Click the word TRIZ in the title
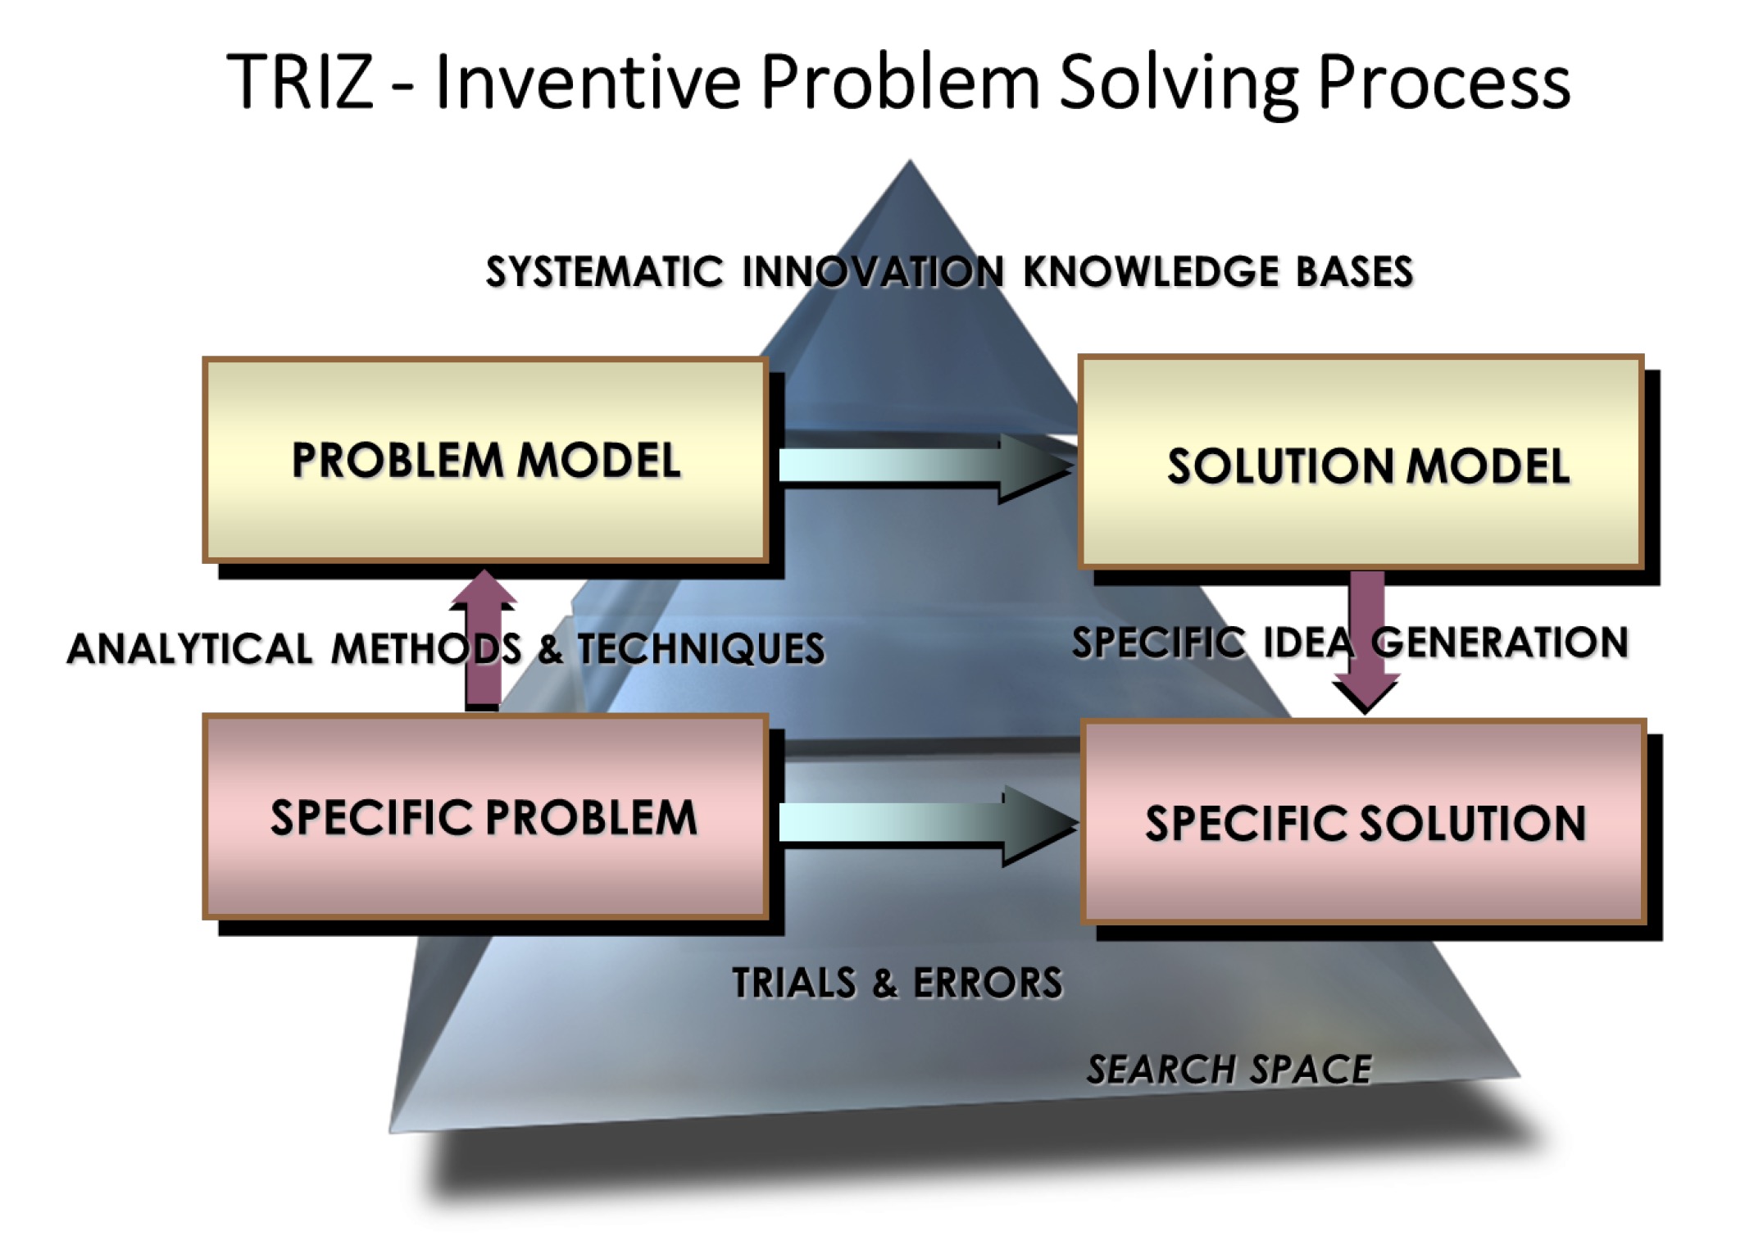tap(300, 81)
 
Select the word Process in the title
tap(1444, 81)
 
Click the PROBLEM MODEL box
tap(485, 460)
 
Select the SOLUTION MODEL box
tap(1361, 462)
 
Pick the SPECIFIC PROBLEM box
tap(485, 816)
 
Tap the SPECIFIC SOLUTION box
tap(1364, 821)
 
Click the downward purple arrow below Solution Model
tap(1365, 641)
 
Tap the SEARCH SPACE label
tap(1229, 1070)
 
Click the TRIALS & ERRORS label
tap(897, 983)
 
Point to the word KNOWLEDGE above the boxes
tap(1149, 271)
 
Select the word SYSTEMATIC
tap(605, 271)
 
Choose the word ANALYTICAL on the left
tap(189, 648)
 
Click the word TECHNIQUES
tap(702, 648)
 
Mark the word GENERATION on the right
tap(1500, 643)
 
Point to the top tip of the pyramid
tap(909, 160)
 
